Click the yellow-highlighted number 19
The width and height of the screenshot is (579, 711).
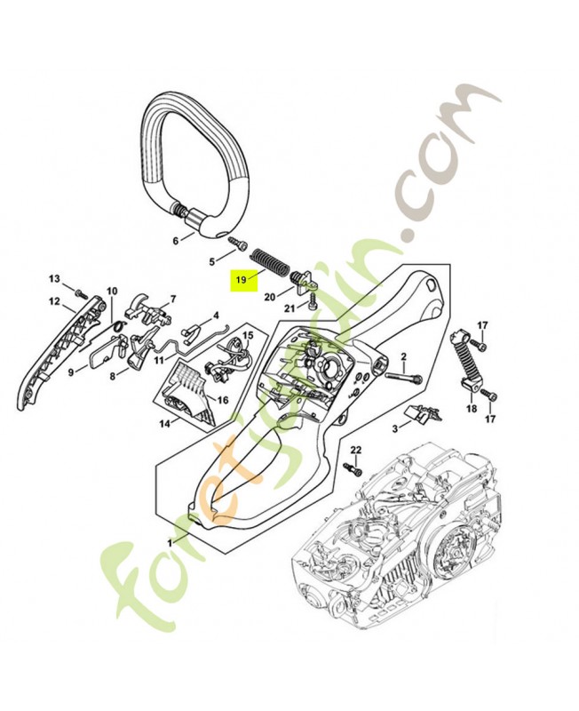point(241,280)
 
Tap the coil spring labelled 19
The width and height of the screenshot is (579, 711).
point(268,261)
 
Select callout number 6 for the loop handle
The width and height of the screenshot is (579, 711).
point(176,240)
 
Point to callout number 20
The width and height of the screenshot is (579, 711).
point(270,297)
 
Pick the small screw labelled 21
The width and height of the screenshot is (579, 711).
point(313,300)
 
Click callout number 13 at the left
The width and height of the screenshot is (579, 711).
point(54,278)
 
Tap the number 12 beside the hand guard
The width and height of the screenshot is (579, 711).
point(54,300)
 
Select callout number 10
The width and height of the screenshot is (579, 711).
point(112,291)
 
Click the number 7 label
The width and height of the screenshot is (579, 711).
point(172,299)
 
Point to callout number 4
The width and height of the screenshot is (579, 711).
point(216,316)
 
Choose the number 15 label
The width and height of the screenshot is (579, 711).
point(249,335)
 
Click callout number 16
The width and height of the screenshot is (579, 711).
point(223,400)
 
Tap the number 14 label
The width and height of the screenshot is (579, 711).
point(164,424)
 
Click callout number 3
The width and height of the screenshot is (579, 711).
point(395,428)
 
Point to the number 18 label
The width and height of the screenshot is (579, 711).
point(472,409)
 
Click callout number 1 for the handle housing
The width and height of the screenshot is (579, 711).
point(171,543)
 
